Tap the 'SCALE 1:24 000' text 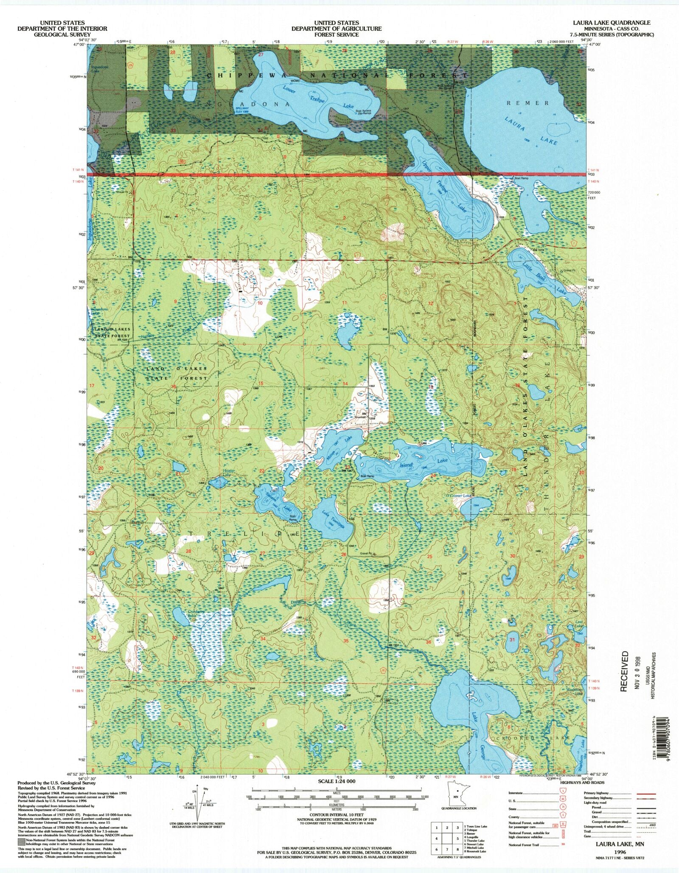point(337,781)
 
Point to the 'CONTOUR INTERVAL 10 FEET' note point(337,815)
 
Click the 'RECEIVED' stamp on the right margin point(624,671)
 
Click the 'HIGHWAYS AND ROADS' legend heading point(582,782)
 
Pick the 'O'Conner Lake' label point(458,496)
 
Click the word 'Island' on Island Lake point(406,465)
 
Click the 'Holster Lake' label point(229,473)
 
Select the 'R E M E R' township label point(528,103)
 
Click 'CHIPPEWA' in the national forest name point(232,75)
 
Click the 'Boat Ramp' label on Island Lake point(367,476)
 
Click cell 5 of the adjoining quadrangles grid point(457,839)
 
